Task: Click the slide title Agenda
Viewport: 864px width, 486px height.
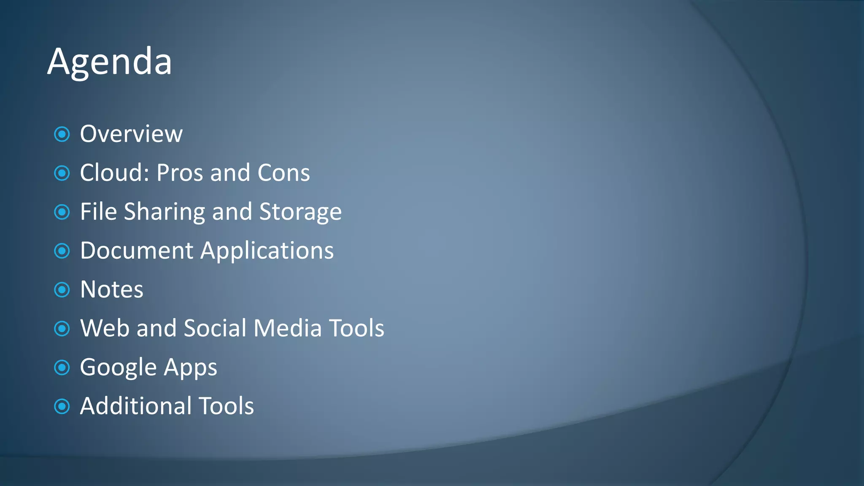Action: [110, 62]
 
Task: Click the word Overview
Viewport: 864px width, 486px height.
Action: [131, 134]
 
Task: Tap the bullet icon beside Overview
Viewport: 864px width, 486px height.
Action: [62, 135]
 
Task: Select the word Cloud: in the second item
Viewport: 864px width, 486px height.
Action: [114, 173]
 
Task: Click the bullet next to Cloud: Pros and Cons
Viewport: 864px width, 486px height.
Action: [62, 173]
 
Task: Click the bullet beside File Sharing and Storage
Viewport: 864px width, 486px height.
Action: [62, 212]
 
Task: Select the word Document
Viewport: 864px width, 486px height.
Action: [137, 251]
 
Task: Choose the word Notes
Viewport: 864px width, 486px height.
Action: [112, 289]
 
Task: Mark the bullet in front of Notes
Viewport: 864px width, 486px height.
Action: [62, 290]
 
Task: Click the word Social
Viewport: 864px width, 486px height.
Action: [215, 328]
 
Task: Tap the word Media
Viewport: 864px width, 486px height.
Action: [288, 328]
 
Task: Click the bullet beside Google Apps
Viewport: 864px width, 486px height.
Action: [62, 367]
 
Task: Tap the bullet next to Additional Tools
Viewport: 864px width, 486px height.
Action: [62, 406]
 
